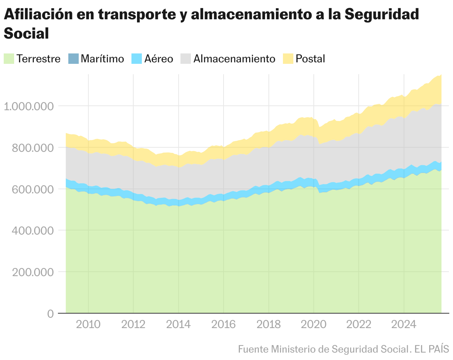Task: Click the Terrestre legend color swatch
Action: point(9,59)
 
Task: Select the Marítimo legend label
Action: point(102,59)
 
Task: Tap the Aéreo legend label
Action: point(159,59)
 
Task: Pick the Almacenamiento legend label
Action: point(234,59)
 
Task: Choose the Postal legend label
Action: point(310,59)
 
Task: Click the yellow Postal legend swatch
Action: point(288,59)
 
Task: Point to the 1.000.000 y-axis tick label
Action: point(29,106)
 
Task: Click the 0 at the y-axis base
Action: point(50,314)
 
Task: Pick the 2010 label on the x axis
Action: point(88,324)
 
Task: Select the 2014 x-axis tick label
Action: point(178,324)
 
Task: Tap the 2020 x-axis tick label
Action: point(314,324)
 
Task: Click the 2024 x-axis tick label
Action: point(404,324)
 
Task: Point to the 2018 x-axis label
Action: point(268,324)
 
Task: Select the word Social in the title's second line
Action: point(26,33)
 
